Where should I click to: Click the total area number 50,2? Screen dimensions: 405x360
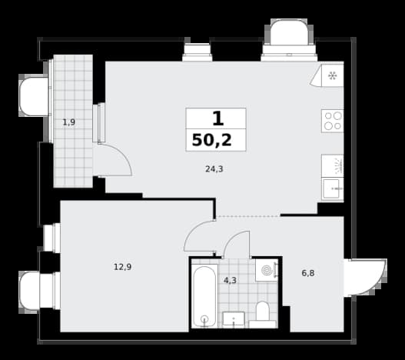pyautogui.click(x=212, y=141)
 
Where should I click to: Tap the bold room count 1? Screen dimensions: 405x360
pyautogui.click(x=217, y=118)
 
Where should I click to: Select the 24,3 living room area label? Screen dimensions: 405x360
pyautogui.click(x=214, y=169)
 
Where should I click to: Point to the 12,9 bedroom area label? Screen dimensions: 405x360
pyautogui.click(x=123, y=267)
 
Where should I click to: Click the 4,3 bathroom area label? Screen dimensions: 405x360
pyautogui.click(x=230, y=280)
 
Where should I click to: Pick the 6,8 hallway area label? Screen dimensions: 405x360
pyautogui.click(x=308, y=273)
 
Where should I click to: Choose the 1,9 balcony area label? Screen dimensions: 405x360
pyautogui.click(x=69, y=122)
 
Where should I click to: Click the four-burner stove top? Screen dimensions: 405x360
pyautogui.click(x=333, y=121)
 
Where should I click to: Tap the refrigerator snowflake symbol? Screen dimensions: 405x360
pyautogui.click(x=332, y=76)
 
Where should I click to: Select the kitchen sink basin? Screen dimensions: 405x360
pyautogui.click(x=333, y=188)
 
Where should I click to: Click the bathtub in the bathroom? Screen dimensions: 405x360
pyautogui.click(x=204, y=297)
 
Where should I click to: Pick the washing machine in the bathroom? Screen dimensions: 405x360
pyautogui.click(x=267, y=270)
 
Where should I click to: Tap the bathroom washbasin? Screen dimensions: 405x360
pyautogui.click(x=234, y=319)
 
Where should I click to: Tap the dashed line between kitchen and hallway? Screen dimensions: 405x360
pyautogui.click(x=248, y=215)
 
